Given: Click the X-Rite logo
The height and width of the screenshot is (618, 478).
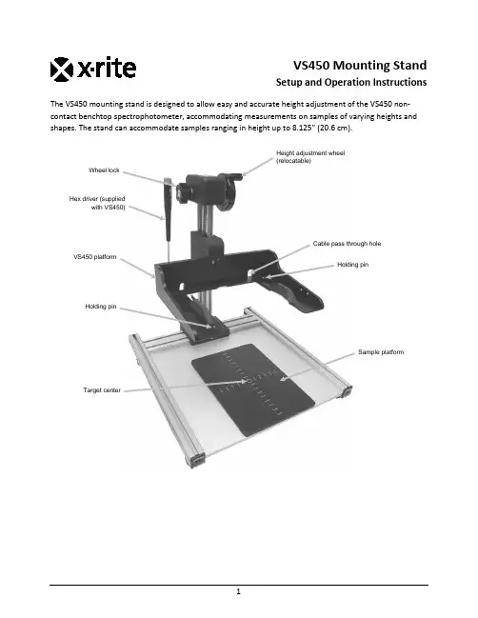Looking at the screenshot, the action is (93, 70).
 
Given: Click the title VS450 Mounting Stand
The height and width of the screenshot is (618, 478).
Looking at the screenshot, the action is (360, 65).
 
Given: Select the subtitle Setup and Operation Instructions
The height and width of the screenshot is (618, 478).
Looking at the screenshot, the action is (351, 82).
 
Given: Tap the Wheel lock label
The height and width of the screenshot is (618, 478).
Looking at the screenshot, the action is (104, 170).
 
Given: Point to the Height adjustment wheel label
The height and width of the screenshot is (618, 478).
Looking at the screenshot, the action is (310, 157).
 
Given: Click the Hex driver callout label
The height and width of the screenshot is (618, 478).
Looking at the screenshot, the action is (97, 203).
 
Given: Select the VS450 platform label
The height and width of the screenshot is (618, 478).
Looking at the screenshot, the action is (95, 257).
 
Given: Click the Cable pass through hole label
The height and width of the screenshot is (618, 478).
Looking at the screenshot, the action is (347, 244).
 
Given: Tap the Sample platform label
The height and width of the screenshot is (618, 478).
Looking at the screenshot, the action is (381, 352).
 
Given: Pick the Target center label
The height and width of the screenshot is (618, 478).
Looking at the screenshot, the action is (102, 390).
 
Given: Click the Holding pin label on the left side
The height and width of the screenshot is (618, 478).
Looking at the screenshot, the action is (101, 307).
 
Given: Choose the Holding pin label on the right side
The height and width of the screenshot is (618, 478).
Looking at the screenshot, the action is (352, 265).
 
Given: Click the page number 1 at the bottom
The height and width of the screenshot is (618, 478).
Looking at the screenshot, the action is (238, 591).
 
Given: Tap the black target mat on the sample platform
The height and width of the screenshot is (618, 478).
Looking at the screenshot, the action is (253, 389).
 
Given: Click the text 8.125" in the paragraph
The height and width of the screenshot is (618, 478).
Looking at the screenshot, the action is (304, 129).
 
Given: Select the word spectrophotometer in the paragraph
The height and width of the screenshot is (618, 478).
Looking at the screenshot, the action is (149, 116).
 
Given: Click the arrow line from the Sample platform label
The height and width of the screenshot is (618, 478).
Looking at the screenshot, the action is (318, 367).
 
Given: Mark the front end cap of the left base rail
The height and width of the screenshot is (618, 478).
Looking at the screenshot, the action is (197, 460).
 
